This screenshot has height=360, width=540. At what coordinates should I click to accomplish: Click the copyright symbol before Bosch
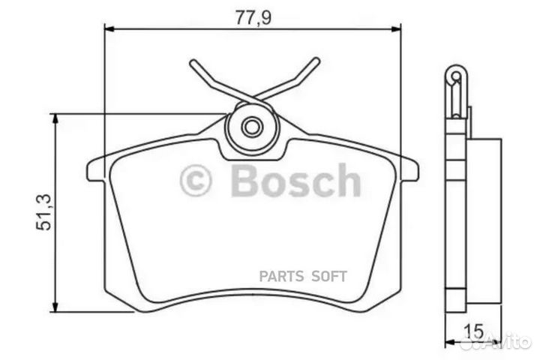196,181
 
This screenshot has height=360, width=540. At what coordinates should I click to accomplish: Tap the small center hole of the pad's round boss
253,126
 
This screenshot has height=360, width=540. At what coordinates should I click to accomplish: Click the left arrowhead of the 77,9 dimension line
106,29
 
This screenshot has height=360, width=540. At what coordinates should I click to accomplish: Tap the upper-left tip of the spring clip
193,64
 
